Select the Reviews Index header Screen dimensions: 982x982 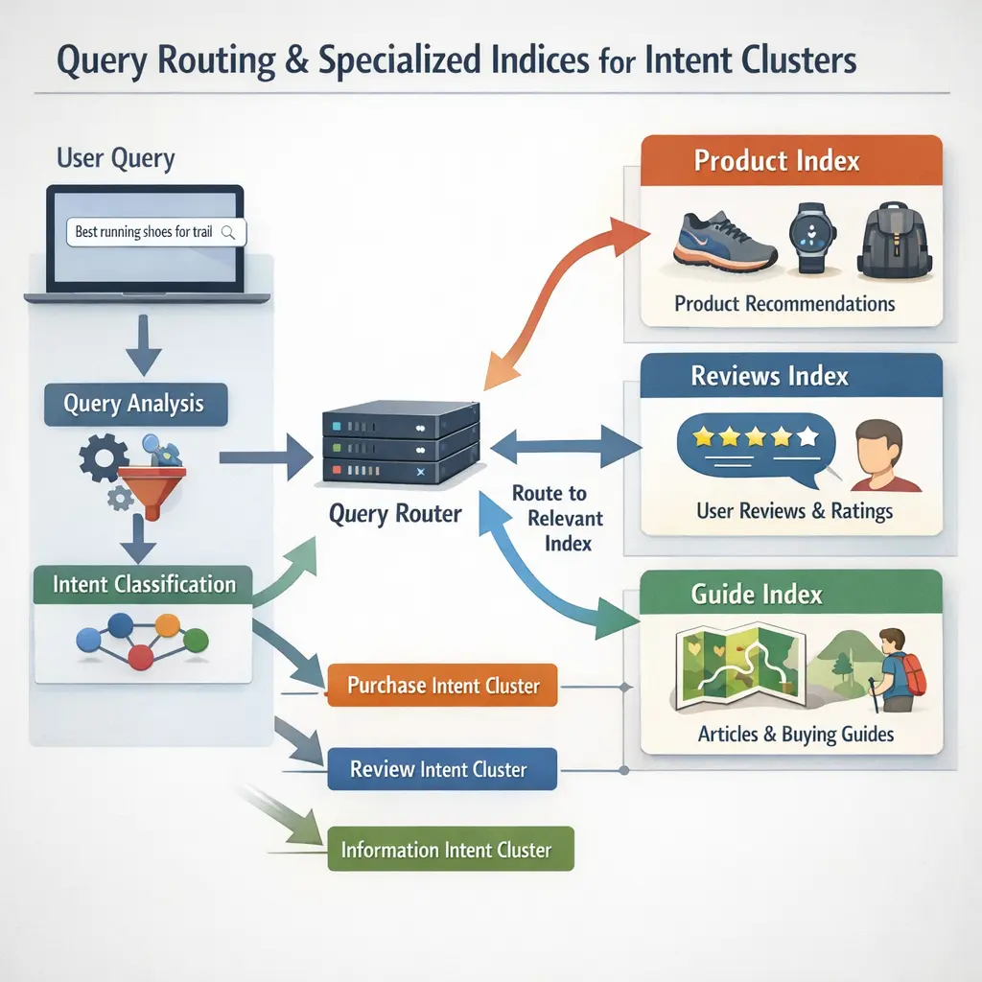pos(769,376)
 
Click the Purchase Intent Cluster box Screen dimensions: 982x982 pos(442,686)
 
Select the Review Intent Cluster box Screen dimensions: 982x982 pos(442,768)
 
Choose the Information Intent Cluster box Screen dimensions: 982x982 pos(450,850)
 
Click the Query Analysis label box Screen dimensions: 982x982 pos(136,405)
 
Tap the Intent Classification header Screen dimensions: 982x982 pos(143,584)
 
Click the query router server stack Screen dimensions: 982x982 pos(402,443)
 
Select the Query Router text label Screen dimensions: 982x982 pos(395,514)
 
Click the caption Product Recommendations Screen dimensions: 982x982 pos(784,304)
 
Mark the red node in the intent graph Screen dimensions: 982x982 pos(142,657)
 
